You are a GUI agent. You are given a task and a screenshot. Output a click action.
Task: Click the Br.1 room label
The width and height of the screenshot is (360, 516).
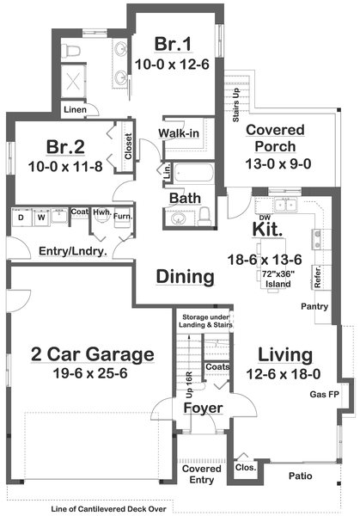pyautogui.click(x=171, y=43)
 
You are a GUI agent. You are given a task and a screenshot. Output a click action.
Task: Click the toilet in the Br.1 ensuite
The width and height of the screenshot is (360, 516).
pyautogui.click(x=73, y=50)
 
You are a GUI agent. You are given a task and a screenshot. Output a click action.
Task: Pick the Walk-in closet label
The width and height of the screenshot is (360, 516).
pyautogui.click(x=180, y=132)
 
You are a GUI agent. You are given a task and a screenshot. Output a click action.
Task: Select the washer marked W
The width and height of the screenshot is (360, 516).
pyautogui.click(x=40, y=218)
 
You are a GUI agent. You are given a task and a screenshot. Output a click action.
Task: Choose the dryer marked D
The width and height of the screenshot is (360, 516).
pyautogui.click(x=21, y=218)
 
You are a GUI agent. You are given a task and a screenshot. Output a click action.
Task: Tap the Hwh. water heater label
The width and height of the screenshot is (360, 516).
pyautogui.click(x=101, y=212)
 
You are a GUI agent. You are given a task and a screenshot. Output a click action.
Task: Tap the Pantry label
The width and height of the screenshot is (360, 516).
pyautogui.click(x=314, y=306)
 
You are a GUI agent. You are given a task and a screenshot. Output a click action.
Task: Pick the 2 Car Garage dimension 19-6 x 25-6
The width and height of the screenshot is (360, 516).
pyautogui.click(x=80, y=376)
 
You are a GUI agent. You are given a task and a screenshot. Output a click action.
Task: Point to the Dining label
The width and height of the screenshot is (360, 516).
pyautogui.click(x=184, y=277)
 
